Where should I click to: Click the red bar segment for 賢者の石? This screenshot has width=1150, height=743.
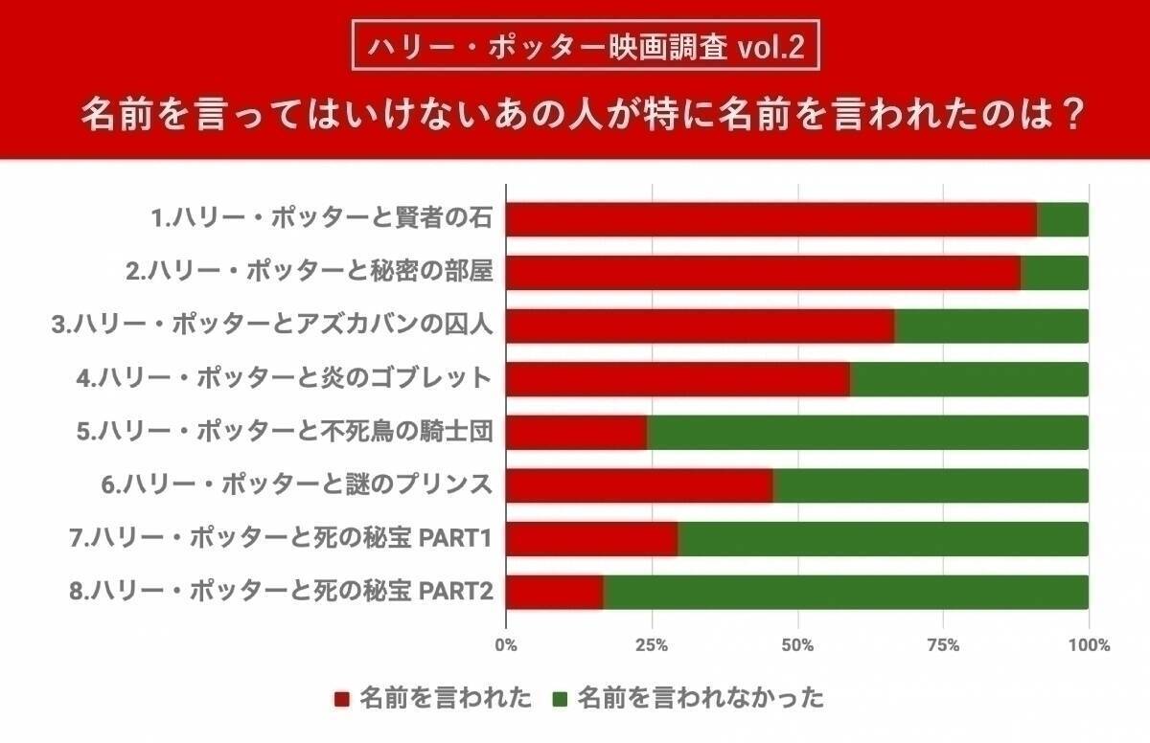(x=771, y=219)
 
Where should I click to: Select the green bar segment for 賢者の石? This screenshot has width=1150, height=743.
(x=1063, y=219)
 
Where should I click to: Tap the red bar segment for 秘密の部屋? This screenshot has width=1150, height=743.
(x=763, y=273)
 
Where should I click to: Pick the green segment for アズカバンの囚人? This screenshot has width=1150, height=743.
(x=992, y=326)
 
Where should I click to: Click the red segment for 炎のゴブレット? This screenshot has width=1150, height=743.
(x=678, y=379)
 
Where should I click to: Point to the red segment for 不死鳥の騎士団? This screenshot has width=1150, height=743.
(x=576, y=433)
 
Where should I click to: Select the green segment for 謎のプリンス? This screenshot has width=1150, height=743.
(x=931, y=486)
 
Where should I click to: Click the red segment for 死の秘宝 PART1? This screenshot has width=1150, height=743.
(x=591, y=539)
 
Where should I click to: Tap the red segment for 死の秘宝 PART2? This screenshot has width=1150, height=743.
(x=555, y=593)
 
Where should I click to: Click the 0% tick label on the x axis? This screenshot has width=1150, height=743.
(x=506, y=645)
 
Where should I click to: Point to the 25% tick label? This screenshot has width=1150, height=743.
(x=652, y=645)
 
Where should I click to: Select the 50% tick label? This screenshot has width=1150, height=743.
(x=797, y=645)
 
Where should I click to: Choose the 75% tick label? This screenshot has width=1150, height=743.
(x=943, y=645)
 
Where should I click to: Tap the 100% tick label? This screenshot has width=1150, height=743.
(x=1089, y=645)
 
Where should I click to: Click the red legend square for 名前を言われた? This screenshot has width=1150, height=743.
(x=342, y=699)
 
